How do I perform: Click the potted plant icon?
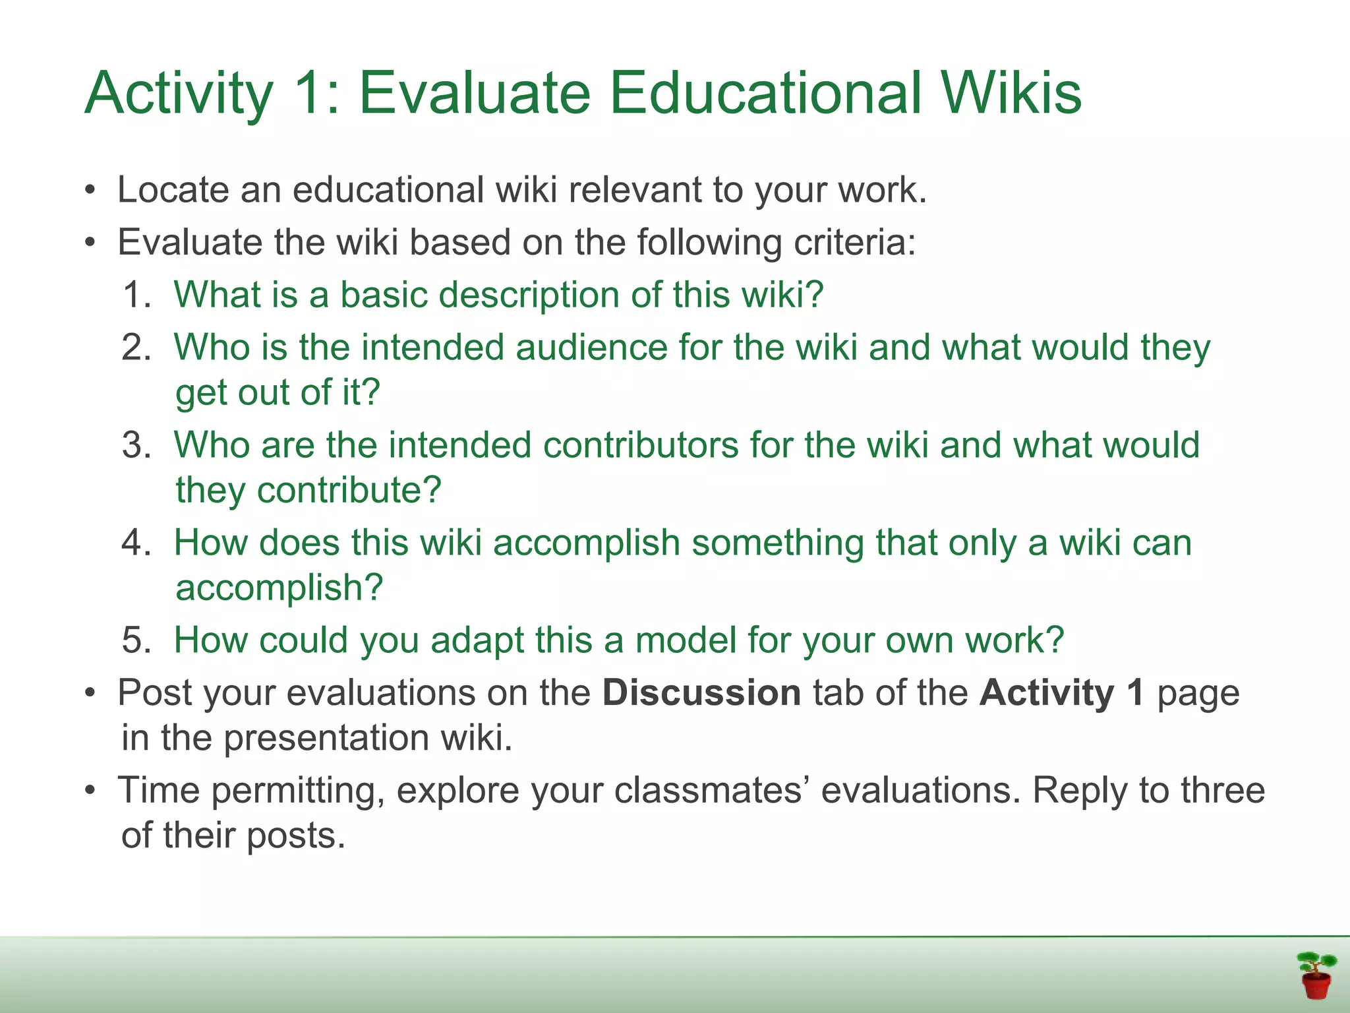tap(1316, 975)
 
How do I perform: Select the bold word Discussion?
tap(701, 693)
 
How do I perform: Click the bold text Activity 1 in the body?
tap(1061, 693)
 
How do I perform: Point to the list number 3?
tap(136, 445)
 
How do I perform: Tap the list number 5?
tap(136, 640)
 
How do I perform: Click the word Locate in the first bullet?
tap(173, 190)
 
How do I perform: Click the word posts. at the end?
tap(296, 836)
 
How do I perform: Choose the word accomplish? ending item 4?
tap(279, 588)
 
